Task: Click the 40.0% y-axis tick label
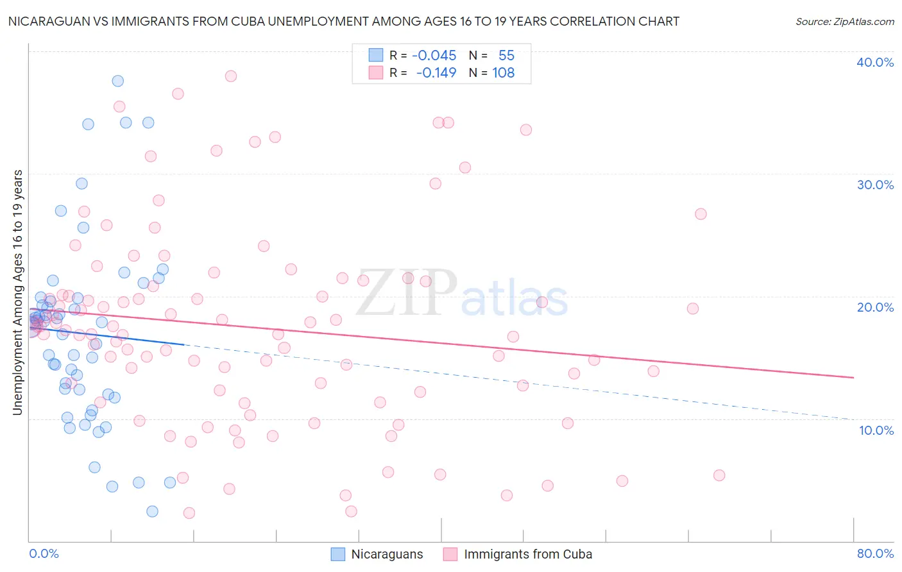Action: [875, 62]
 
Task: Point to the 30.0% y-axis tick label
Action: [875, 185]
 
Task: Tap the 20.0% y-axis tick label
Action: [875, 307]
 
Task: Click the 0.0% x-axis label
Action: [44, 553]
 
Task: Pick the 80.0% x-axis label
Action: [875, 553]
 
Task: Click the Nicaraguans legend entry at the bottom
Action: [387, 555]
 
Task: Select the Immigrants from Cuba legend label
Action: [527, 555]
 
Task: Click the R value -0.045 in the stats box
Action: [434, 55]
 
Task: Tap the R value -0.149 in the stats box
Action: [436, 72]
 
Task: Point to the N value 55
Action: [507, 55]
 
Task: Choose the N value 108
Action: [504, 72]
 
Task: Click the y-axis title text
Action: [18, 292]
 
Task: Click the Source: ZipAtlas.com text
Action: [844, 22]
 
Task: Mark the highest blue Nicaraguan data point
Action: [117, 81]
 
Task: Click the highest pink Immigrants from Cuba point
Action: [231, 76]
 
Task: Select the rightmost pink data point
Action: [719, 475]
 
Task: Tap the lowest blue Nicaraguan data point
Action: [152, 511]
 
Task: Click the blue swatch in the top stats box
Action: [375, 55]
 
